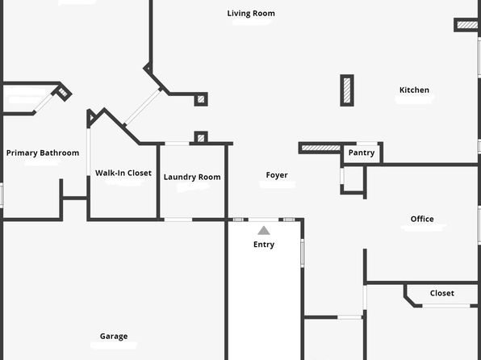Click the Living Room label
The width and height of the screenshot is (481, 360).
pos(251,14)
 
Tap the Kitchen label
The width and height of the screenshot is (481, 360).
pos(414,90)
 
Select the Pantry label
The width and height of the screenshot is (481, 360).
pos(362,153)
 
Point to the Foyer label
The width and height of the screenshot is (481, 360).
pos(277,175)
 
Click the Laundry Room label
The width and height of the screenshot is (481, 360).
pos(192,177)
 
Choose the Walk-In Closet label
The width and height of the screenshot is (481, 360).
pos(123,173)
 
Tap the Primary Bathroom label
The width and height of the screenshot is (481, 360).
pos(43,153)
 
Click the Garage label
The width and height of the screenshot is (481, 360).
pos(114,337)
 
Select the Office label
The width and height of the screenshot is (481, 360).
pos(422,219)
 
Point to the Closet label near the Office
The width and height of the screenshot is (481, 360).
pos(442,293)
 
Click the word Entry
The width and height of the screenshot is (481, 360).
pos(264,245)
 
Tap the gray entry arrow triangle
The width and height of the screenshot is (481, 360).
pos(264,231)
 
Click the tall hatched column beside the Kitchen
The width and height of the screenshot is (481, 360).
pos(347,90)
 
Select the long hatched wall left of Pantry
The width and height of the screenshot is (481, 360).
pos(321,148)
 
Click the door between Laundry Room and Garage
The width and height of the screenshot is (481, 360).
pos(178,220)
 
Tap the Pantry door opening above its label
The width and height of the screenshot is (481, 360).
pos(367,144)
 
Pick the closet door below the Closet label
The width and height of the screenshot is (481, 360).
pos(446,306)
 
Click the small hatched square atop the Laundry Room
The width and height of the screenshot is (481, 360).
pos(201,137)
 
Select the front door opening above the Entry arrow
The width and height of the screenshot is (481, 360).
pos(264,220)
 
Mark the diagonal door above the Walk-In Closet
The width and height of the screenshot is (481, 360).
pos(142,107)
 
